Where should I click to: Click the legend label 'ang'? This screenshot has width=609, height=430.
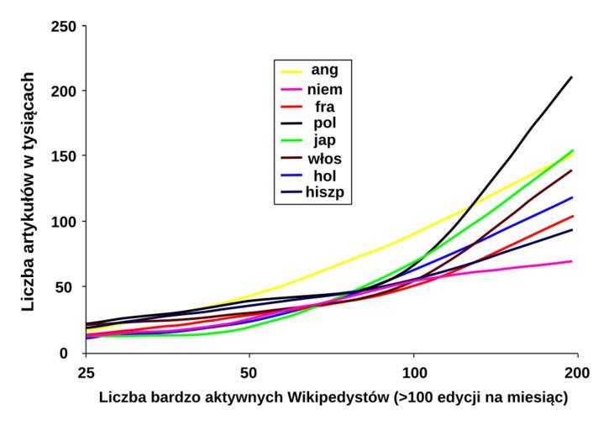[x=325, y=71]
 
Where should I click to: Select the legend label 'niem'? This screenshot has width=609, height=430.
[x=325, y=88]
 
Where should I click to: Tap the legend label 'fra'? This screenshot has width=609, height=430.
[x=325, y=106]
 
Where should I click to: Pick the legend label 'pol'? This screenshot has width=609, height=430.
[x=325, y=123]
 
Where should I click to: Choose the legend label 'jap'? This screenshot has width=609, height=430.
[x=325, y=140]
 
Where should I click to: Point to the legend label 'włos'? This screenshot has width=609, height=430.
[x=325, y=158]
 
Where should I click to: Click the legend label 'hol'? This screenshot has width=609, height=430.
[x=325, y=176]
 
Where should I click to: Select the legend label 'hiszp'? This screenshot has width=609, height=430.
[x=325, y=192]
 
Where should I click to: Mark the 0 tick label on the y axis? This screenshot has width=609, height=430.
[x=75, y=353]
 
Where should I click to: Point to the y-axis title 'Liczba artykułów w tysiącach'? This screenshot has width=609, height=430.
[x=29, y=189]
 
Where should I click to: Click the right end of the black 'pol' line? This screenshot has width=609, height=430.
[x=572, y=77]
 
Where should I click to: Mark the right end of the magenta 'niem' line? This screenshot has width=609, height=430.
[x=572, y=261]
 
